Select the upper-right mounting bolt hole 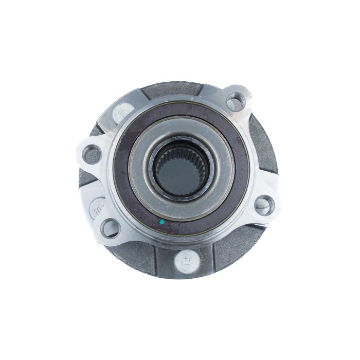pyautogui.click(x=235, y=101)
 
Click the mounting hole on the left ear pyautogui.click(x=92, y=153)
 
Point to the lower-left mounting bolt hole pyautogui.click(x=110, y=226)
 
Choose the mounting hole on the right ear pyautogui.click(x=264, y=204)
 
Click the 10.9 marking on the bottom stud pyautogui.click(x=185, y=260)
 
